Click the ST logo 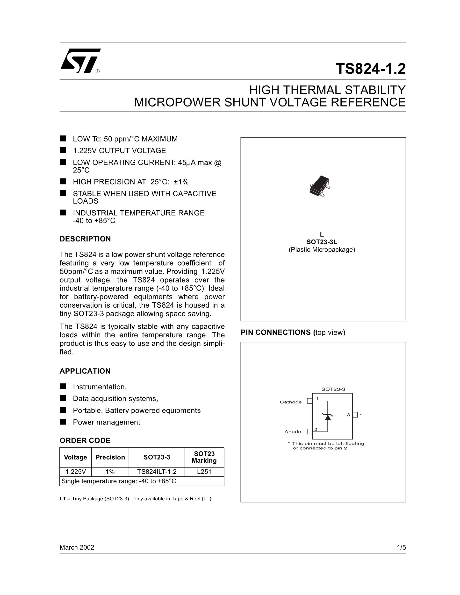[x=80, y=61]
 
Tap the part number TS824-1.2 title [x=370, y=69]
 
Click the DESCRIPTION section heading [x=85, y=239]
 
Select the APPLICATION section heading [x=85, y=371]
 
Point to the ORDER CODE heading [x=85, y=440]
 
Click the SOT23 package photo [x=320, y=186]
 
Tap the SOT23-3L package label [x=322, y=242]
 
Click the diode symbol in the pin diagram [x=328, y=417]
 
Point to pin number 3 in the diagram [x=348, y=415]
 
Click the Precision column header [x=110, y=457]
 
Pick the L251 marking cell [x=204, y=472]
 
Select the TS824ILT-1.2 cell [x=157, y=472]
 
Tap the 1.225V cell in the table [x=75, y=472]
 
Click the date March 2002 [x=77, y=548]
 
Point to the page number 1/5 [x=401, y=548]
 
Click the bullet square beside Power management [x=63, y=422]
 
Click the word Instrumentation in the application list [x=99, y=387]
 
